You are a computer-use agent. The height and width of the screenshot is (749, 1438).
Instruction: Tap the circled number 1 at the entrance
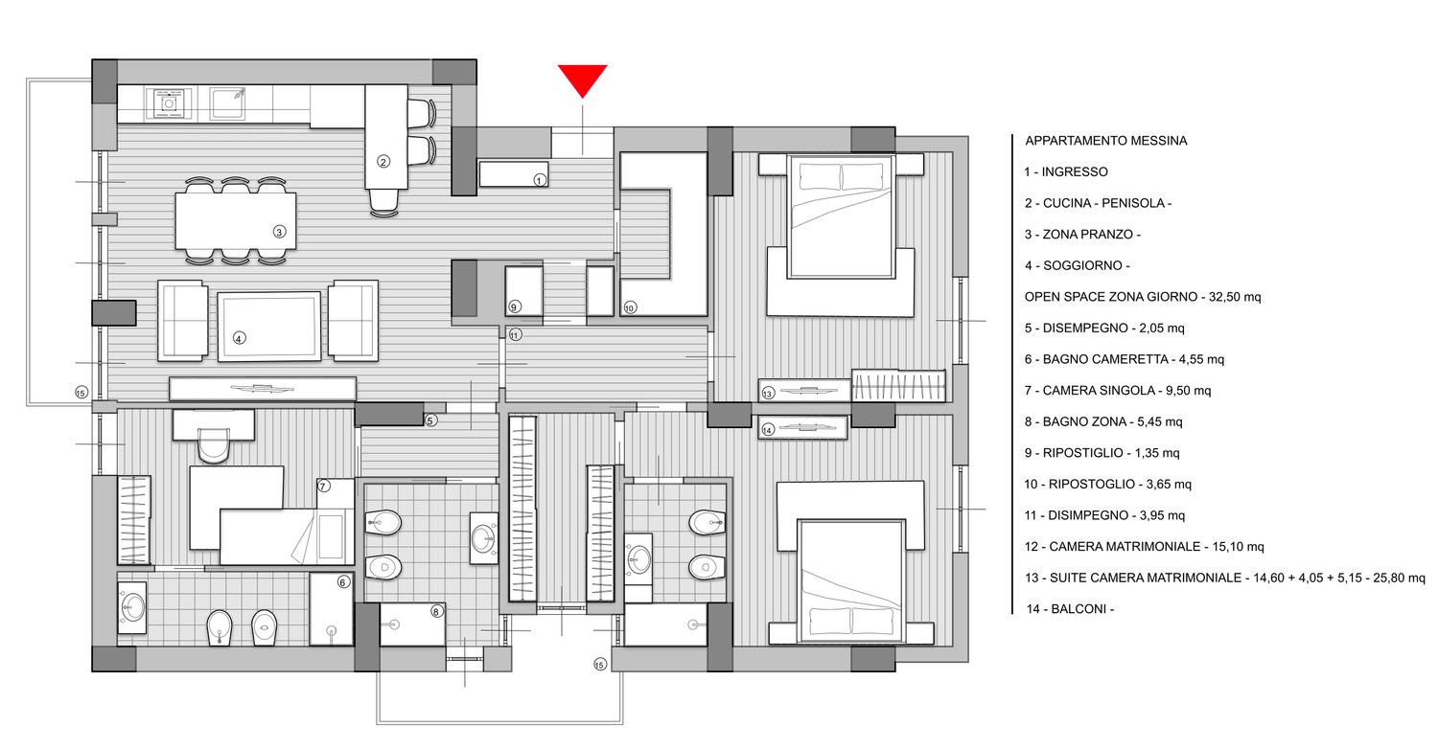point(540,180)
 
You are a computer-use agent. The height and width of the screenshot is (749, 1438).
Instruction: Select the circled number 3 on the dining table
point(279,232)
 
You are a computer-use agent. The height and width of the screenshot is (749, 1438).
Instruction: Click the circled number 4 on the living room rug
point(239,338)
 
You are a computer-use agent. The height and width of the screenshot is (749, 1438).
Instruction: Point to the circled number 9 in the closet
point(514,306)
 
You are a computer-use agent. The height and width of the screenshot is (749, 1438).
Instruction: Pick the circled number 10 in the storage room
point(630,307)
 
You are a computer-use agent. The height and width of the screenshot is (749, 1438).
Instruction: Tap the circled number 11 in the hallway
point(515,334)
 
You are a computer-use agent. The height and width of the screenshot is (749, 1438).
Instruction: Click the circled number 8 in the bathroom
point(436,612)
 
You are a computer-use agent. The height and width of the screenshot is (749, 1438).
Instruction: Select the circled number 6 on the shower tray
point(343,582)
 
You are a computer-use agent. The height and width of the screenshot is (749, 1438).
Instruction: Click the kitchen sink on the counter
point(228,103)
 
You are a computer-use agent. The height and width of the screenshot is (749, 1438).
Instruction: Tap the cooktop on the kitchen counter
point(169,103)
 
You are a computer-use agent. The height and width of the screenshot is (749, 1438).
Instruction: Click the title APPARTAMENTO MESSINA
point(1106,141)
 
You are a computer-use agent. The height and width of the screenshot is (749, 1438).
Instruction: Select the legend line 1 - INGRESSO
point(1066,171)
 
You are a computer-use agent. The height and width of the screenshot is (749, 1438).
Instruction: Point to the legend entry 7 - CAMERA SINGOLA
point(1118,391)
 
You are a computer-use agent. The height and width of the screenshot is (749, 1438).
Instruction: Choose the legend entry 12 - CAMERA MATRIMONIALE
point(1144,546)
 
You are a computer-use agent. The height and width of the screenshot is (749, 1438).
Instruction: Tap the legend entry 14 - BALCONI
point(1070,608)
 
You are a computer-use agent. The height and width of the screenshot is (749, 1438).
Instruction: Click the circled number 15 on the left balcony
point(81,393)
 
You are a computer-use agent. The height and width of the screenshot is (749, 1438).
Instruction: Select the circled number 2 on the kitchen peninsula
point(383,162)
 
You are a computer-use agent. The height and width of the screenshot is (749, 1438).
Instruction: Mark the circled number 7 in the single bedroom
point(324,486)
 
